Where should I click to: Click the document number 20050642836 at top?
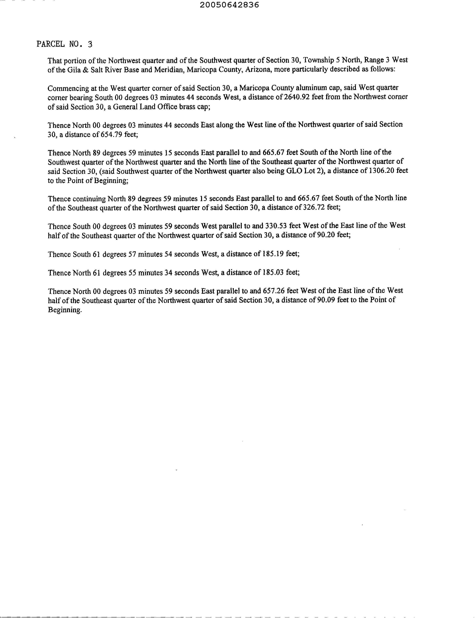click(x=229, y=5)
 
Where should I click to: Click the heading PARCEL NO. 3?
click(x=64, y=44)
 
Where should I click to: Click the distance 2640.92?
click(x=297, y=97)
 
